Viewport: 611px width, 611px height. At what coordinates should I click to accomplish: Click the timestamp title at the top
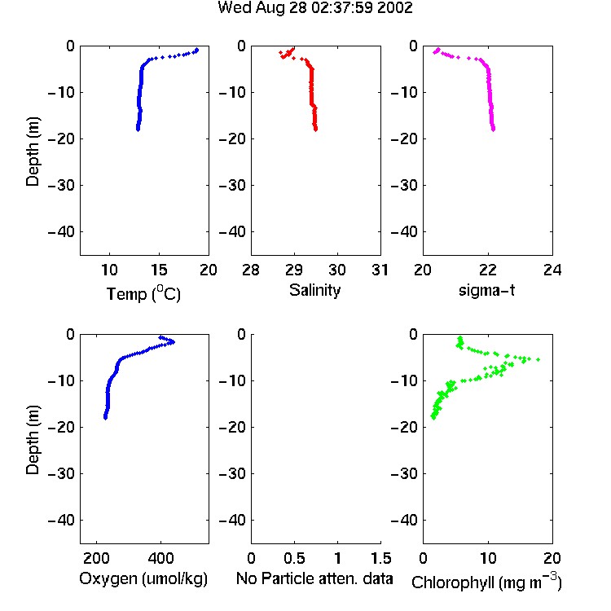(x=314, y=7)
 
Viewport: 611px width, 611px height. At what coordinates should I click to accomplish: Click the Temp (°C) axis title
(x=143, y=293)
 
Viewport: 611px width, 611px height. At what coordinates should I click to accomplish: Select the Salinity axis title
(x=314, y=291)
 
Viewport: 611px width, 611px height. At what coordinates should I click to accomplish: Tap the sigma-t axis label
(x=486, y=290)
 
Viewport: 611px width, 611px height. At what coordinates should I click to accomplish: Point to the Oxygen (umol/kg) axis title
(x=143, y=578)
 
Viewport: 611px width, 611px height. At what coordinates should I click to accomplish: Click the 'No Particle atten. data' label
(x=314, y=578)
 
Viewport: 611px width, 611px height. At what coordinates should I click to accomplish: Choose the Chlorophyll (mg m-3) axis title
(x=486, y=582)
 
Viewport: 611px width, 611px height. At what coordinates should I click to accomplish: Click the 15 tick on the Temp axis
(x=159, y=270)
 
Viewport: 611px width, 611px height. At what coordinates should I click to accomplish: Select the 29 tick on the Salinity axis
(x=294, y=270)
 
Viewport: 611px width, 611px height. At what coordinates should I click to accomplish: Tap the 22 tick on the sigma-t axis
(x=488, y=270)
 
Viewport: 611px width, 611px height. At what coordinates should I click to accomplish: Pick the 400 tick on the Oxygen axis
(x=160, y=558)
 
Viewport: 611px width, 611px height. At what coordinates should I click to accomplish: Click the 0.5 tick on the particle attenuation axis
(x=294, y=558)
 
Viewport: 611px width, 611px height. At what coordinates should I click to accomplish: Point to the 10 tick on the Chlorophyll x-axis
(x=488, y=558)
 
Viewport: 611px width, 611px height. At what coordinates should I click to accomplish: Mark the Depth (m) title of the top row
(x=33, y=152)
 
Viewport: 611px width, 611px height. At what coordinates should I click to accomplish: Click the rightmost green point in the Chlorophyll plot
(x=538, y=359)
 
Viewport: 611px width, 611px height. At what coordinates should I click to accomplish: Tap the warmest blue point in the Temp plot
(x=197, y=50)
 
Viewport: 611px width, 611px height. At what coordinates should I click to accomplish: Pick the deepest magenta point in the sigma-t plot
(x=494, y=130)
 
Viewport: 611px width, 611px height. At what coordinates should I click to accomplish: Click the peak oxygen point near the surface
(x=173, y=342)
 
